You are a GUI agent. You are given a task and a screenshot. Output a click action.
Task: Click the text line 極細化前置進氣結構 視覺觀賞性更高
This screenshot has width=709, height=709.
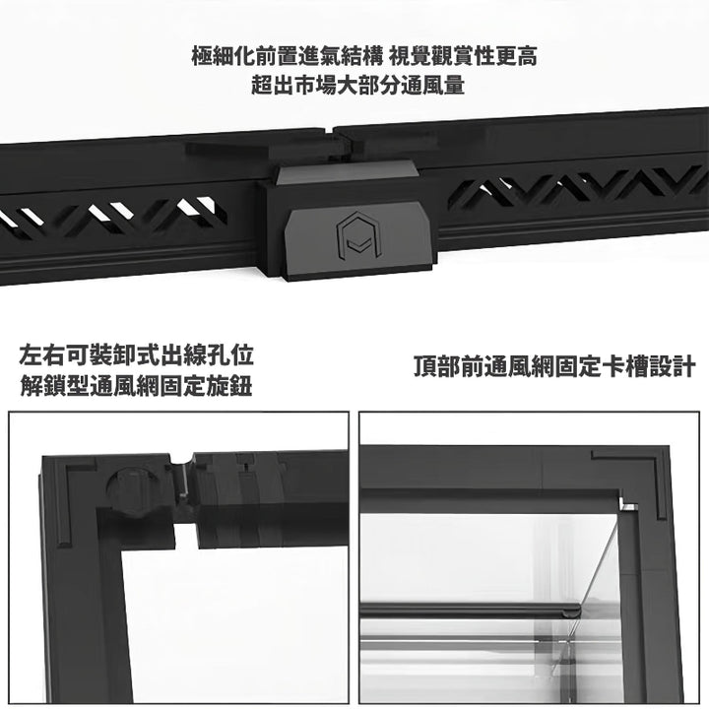[x=364, y=56]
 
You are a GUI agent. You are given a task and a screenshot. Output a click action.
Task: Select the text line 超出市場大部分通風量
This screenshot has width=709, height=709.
[x=358, y=85]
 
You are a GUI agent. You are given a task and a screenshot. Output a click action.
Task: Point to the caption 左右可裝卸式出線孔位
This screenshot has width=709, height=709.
[x=136, y=355]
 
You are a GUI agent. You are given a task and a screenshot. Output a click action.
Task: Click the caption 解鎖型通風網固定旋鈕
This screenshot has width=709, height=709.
[x=136, y=386]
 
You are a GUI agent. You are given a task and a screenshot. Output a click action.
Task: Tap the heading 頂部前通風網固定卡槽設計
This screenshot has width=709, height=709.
[x=554, y=366]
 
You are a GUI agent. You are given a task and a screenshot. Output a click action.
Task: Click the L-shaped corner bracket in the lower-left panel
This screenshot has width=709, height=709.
[x=63, y=497]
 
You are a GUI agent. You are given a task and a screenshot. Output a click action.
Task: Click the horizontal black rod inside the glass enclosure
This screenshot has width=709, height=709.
[x=471, y=610]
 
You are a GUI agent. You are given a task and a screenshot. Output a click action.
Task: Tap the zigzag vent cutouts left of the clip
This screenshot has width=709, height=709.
[x=113, y=218]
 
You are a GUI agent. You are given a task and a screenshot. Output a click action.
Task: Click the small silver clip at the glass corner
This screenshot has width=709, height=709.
[x=628, y=503]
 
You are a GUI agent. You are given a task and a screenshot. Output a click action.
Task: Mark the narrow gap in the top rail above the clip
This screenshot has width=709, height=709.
[x=329, y=132]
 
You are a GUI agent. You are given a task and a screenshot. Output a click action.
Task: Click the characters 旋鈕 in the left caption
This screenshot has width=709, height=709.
[x=230, y=386]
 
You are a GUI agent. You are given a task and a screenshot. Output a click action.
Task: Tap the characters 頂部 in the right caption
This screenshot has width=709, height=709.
[x=436, y=366]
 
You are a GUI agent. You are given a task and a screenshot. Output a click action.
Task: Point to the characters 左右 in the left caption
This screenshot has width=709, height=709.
[x=42, y=355]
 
